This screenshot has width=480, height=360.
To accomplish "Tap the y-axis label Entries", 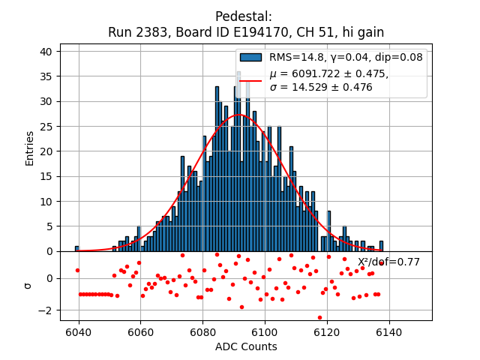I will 30,148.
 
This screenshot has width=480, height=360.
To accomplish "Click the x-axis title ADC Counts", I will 246,346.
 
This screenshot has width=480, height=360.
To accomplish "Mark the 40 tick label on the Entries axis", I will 46,51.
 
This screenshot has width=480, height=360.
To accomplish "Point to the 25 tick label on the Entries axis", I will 46,126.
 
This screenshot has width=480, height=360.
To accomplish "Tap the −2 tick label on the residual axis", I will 45,310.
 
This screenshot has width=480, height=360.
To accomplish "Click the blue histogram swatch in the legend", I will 250,58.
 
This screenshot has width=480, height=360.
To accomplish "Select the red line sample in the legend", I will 250,80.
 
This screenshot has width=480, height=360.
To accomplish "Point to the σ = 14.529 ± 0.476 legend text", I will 321,87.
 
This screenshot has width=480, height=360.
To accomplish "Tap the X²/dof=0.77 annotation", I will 388,262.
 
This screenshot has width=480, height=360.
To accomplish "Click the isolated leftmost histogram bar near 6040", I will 76,248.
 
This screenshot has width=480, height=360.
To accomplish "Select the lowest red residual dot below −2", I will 319,317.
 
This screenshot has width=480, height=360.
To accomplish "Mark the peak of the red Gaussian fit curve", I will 239,115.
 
